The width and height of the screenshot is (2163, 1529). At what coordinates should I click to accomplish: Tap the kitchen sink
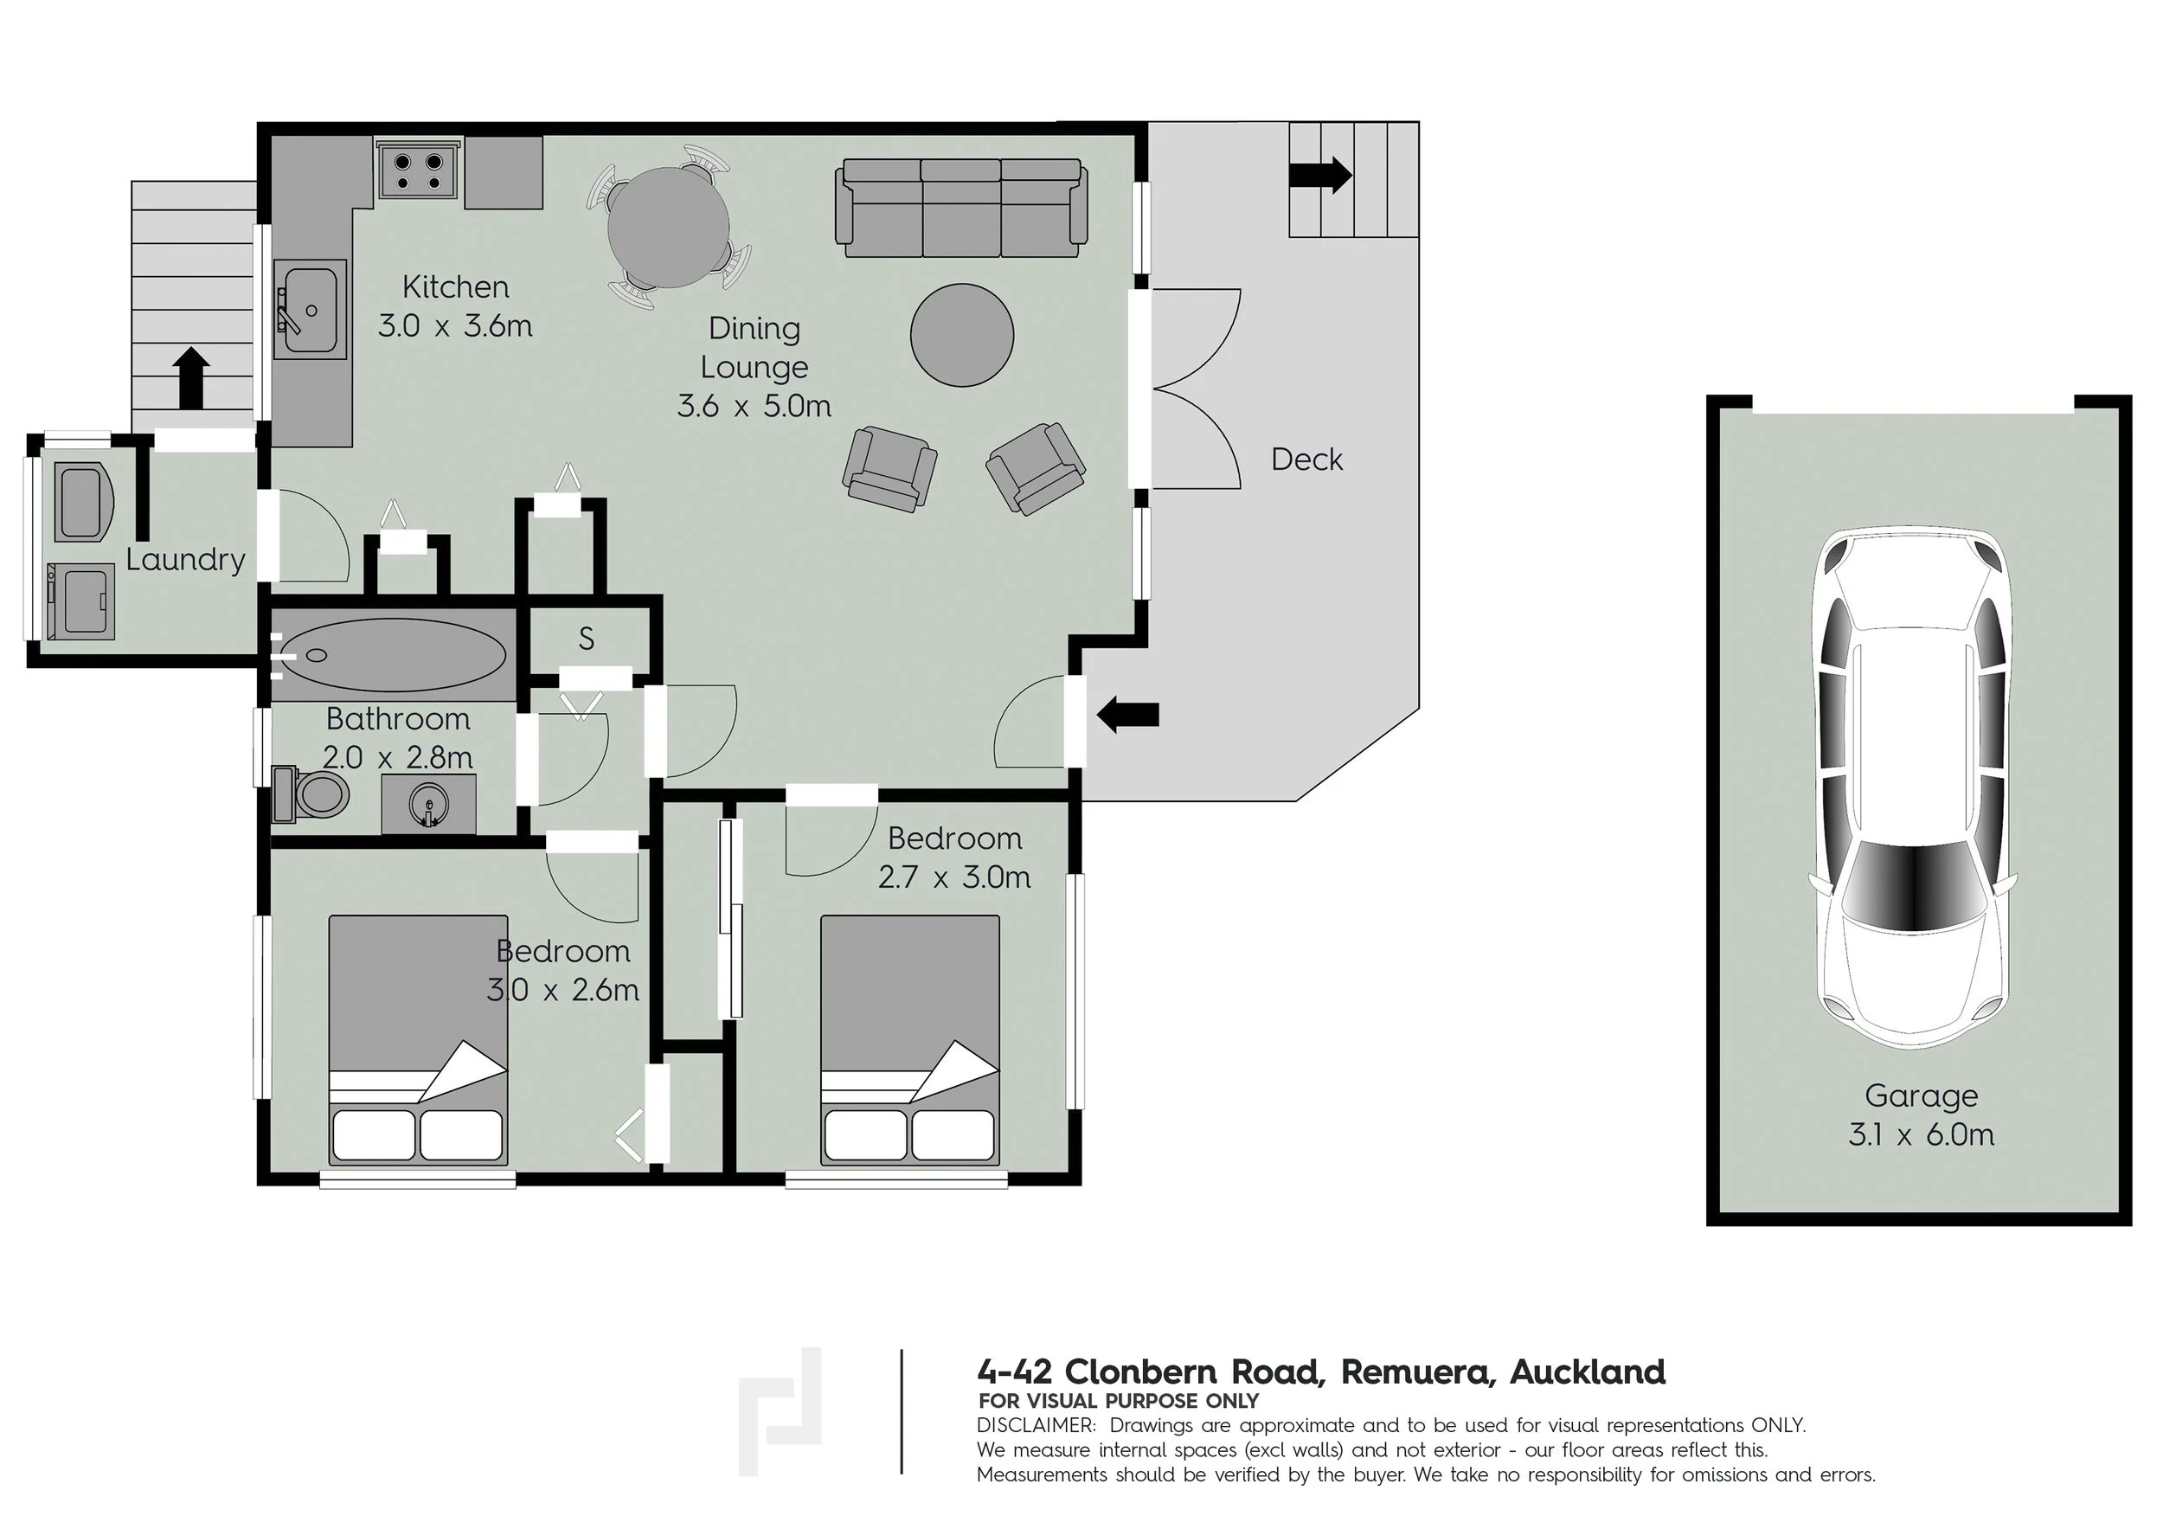310,310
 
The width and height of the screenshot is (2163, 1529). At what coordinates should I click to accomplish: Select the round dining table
668,228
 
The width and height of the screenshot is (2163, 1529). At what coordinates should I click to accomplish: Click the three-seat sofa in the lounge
961,208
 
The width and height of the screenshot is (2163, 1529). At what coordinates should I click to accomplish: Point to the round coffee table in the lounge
962,334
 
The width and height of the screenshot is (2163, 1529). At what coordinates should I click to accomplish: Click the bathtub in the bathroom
393,655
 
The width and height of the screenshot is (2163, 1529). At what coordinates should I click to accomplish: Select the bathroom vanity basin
428,805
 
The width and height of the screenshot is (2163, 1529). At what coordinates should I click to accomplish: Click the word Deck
1306,459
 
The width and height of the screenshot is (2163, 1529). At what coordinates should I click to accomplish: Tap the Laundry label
186,560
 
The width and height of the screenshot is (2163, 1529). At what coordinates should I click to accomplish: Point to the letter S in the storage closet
586,639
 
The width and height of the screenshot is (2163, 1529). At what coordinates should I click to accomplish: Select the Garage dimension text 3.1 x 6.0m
1921,1134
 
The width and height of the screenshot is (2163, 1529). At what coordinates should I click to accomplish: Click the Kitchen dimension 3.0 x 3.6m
455,326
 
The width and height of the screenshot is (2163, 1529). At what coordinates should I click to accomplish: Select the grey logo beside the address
780,1411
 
